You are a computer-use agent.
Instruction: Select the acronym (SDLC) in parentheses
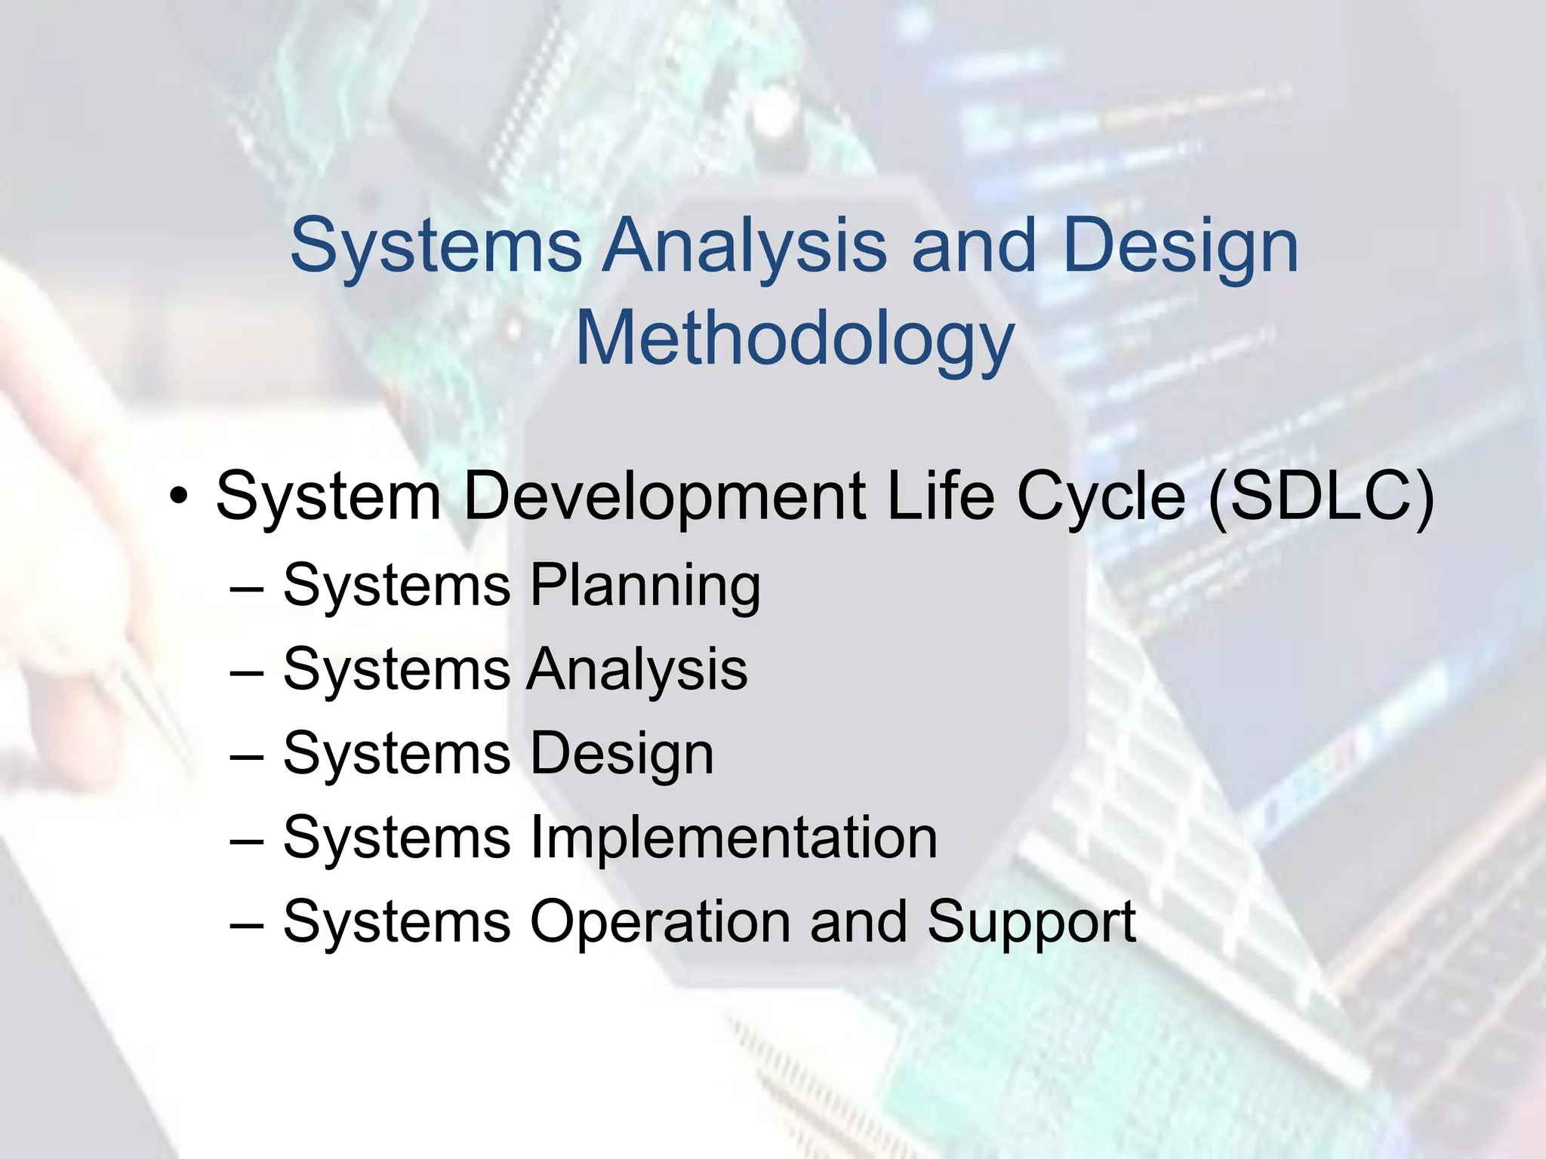click(x=1320, y=496)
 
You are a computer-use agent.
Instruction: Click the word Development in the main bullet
click(x=664, y=496)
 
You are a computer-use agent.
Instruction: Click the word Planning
click(x=645, y=586)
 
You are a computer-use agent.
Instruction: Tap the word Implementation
click(x=733, y=838)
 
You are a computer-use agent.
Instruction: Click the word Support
click(x=1031, y=921)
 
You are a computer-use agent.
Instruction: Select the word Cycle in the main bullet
click(x=1101, y=496)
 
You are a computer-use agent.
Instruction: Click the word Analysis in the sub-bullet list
click(x=637, y=669)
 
